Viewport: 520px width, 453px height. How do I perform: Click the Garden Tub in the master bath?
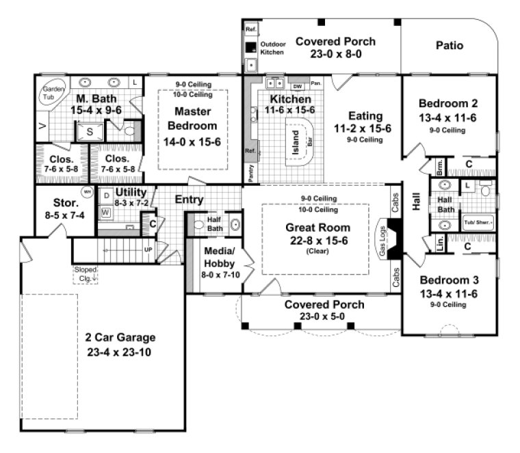click(53, 93)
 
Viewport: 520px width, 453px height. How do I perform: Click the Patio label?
click(449, 46)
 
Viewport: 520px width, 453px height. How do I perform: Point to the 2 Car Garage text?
click(120, 337)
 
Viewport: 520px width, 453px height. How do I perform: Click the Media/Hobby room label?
click(219, 256)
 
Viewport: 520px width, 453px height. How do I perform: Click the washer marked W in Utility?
click(106, 212)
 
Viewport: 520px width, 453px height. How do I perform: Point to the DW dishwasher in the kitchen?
click(297, 86)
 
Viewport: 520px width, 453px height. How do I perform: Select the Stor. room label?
click(66, 202)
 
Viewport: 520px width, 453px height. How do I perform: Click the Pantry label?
click(250, 174)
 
